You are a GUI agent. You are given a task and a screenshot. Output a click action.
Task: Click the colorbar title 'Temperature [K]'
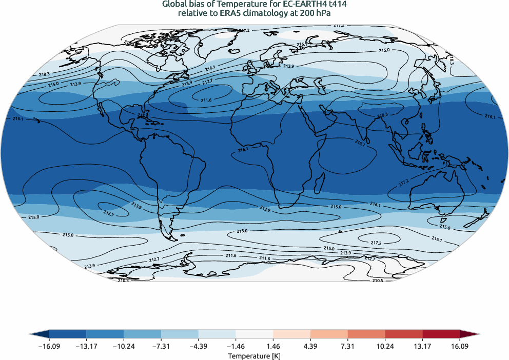254,355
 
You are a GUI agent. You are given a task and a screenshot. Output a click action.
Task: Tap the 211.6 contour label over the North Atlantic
206,99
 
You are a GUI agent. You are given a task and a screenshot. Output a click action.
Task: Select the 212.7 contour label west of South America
109,212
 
